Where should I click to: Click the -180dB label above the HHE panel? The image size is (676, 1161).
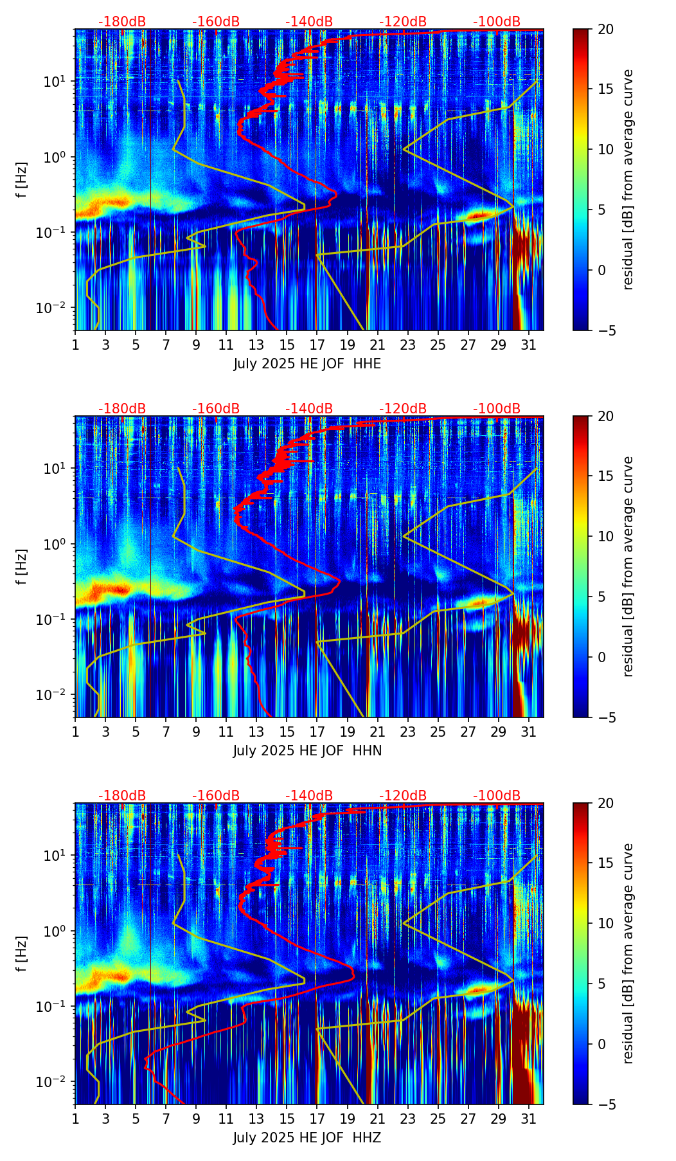122,22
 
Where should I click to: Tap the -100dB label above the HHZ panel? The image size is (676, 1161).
497,796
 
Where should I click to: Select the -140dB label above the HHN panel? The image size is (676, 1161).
309,409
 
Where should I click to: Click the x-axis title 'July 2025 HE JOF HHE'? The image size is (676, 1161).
307,364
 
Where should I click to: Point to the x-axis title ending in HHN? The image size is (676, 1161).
307,751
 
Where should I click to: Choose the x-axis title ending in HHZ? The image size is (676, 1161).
307,1138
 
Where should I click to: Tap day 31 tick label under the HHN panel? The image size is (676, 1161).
528,732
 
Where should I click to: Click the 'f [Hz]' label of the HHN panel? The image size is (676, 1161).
22,566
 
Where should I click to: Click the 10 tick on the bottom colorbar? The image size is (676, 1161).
605,923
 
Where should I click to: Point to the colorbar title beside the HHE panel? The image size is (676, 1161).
628,179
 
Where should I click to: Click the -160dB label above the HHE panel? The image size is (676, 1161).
216,22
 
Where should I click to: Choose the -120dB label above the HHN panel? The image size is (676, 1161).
403,409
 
